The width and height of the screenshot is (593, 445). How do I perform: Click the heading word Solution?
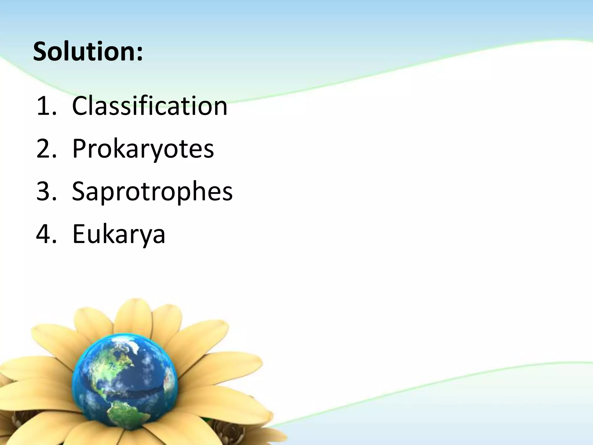[88, 52]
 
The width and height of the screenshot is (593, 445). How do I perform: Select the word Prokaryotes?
[143, 149]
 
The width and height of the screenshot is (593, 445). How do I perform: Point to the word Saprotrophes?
[152, 191]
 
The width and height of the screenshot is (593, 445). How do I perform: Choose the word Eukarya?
[119, 234]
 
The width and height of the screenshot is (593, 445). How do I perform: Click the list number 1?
[43, 106]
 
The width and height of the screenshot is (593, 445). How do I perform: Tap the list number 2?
[43, 149]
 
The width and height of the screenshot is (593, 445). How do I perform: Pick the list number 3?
[43, 191]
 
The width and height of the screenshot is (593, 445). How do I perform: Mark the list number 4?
[43, 234]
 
